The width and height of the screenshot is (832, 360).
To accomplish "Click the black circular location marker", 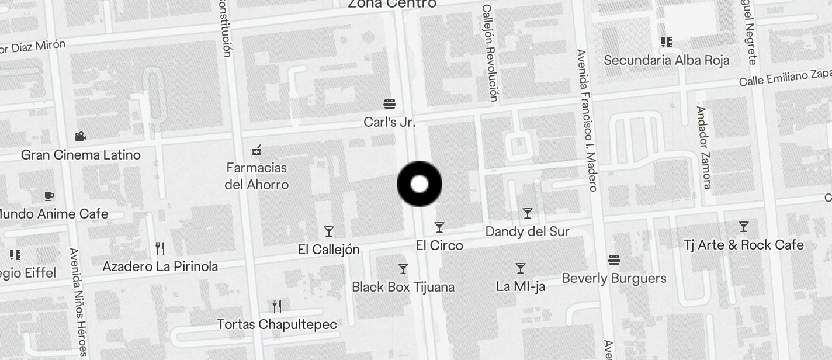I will (420, 184).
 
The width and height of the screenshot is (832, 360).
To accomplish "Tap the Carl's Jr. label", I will (390, 122).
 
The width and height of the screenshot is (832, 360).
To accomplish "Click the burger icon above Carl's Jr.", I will (390, 104).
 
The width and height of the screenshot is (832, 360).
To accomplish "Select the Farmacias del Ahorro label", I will (256, 176).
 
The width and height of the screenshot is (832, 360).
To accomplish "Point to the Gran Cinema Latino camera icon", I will (80, 137).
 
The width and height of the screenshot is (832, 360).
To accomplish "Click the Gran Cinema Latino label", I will (81, 155).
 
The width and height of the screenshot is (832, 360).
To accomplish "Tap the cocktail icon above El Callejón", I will (329, 231).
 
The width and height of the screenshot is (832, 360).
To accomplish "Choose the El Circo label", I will (439, 245).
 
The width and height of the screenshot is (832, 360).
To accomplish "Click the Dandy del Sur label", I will (527, 231).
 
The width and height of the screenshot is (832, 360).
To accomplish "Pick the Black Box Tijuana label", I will (403, 287).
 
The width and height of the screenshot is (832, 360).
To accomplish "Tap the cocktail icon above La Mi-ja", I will (521, 268).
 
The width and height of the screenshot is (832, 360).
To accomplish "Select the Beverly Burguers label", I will (614, 278).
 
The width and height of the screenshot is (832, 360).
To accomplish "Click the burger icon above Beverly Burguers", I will (613, 260).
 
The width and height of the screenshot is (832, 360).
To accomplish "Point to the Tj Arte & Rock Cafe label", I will (744, 245).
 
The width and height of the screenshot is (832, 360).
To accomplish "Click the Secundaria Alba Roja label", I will (667, 60).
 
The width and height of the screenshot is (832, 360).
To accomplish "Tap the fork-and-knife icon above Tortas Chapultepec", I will (277, 306).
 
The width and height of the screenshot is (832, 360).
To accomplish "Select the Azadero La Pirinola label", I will (160, 266).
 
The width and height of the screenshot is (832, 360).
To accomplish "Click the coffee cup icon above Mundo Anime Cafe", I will (49, 196).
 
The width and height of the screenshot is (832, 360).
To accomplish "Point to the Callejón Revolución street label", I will (490, 53).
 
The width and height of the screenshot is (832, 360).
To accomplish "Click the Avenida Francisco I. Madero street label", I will (586, 120).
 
